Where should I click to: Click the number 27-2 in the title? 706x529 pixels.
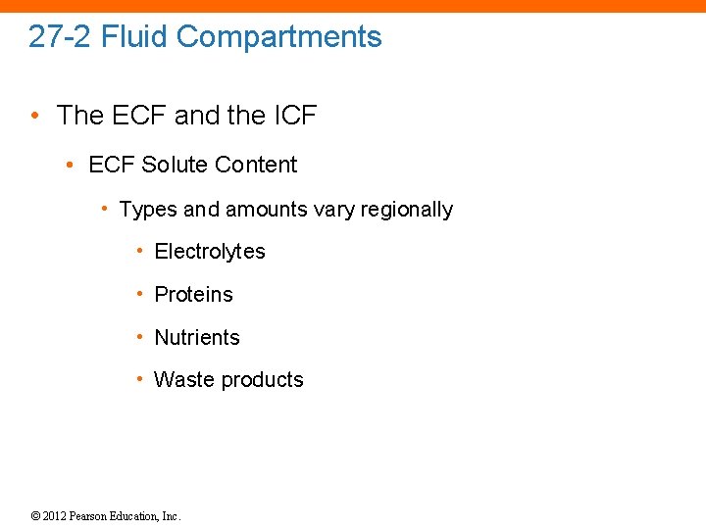[x=60, y=37]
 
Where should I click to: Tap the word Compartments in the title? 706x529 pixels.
[x=279, y=37]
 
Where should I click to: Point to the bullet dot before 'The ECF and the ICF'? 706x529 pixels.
[x=35, y=116]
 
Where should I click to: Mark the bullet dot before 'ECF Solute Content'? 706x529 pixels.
[x=71, y=165]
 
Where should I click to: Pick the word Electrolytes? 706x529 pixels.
[x=210, y=252]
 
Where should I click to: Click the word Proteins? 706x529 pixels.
[x=194, y=295]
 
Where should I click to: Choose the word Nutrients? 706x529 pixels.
[x=197, y=338]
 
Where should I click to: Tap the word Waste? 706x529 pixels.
[x=182, y=380]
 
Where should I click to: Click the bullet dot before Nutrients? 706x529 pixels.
[x=142, y=337]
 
